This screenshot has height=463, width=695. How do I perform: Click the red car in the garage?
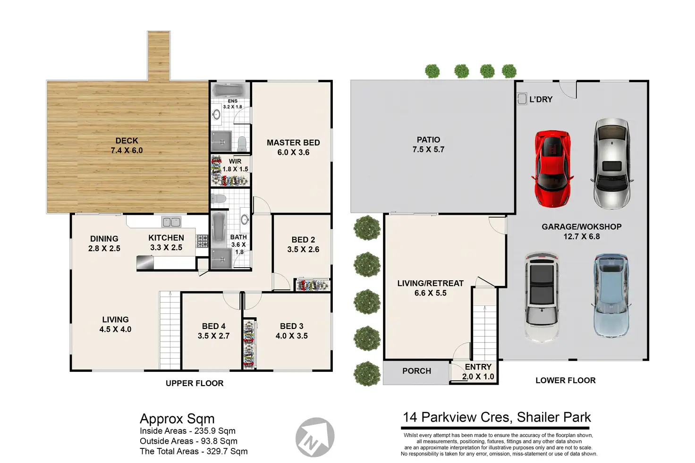click(552, 168)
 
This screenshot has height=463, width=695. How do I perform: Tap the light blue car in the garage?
click(610, 296)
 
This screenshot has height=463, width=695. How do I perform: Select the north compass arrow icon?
click(315, 437)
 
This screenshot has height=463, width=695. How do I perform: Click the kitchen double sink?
click(171, 222)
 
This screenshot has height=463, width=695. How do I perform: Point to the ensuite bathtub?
click(230, 90)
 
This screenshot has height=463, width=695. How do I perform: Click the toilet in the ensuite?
click(242, 144)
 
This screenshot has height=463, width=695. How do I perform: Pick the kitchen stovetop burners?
click(202, 241)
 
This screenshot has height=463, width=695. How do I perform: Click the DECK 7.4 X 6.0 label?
click(127, 145)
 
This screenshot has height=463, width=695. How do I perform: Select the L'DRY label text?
click(541, 99)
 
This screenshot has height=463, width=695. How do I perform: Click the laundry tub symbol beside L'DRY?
click(522, 99)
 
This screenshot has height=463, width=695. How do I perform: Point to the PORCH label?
click(417, 371)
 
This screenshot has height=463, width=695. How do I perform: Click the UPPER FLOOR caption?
click(195, 383)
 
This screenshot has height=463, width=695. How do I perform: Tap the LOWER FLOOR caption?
click(566, 380)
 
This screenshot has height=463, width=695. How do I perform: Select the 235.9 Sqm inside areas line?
click(188, 431)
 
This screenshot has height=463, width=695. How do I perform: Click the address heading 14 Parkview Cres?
click(457, 417)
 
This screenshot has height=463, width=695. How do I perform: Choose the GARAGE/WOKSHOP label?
click(582, 227)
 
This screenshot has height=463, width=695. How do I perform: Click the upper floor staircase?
click(170, 330)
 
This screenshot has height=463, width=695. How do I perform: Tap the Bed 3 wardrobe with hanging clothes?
click(249, 344)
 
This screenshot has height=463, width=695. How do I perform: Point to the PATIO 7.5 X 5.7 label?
click(429, 144)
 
